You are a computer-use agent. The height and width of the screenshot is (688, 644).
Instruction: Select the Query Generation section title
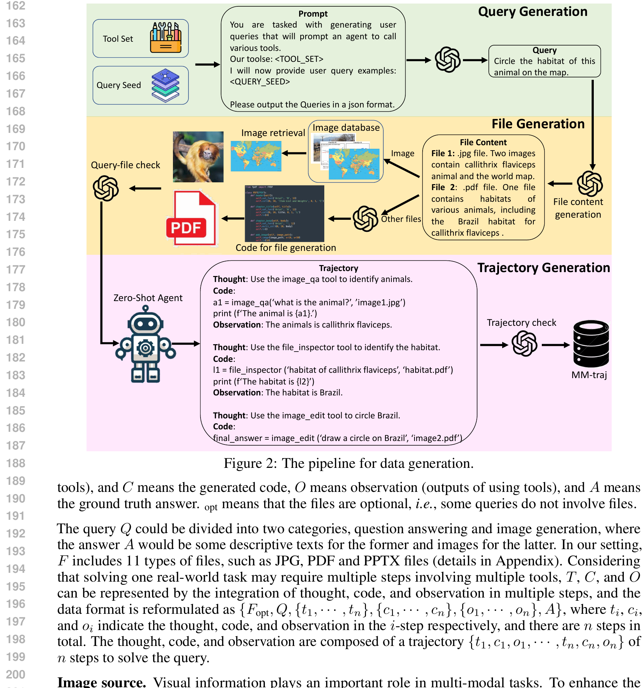click(532, 12)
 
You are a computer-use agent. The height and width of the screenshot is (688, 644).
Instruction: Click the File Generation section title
click(538, 124)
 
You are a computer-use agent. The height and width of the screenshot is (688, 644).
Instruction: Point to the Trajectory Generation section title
click(544, 268)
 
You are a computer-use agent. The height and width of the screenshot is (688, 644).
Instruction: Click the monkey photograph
click(198, 157)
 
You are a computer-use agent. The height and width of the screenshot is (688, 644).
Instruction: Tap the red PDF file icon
click(191, 218)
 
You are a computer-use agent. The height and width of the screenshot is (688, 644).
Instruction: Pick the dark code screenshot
click(284, 213)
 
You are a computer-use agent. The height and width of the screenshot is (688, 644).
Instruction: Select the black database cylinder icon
click(591, 343)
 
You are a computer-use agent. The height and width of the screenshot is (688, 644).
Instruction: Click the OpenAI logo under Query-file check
click(106, 188)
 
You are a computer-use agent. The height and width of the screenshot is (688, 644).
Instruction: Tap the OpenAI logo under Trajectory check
click(524, 343)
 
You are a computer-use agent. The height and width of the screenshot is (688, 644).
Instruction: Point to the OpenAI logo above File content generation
click(590, 184)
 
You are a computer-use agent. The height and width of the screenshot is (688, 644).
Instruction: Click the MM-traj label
click(589, 375)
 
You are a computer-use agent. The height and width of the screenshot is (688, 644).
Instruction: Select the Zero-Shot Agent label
click(148, 298)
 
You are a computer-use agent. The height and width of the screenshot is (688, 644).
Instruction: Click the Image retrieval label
click(273, 133)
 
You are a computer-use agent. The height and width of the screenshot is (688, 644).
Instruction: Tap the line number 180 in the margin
click(16, 322)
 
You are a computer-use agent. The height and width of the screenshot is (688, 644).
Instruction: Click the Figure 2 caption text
click(348, 463)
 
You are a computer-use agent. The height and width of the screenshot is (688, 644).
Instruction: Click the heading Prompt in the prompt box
click(313, 14)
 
